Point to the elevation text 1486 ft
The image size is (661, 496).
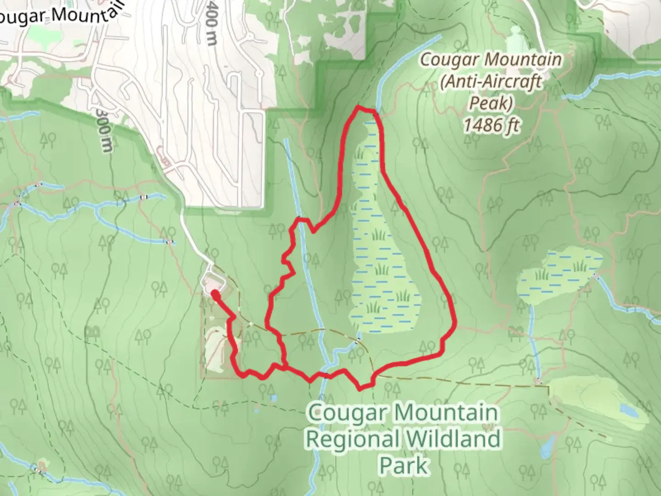[491, 124]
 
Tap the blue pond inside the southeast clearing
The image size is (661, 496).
[628, 410]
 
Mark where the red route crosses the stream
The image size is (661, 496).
[325, 376]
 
